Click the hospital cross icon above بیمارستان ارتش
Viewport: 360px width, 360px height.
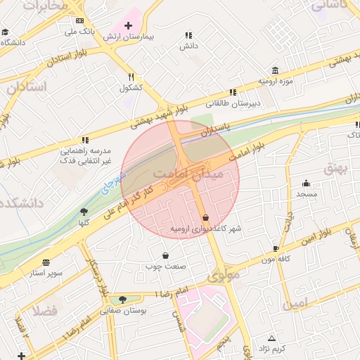coord(127,25)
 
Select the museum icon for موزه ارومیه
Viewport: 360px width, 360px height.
coord(274,71)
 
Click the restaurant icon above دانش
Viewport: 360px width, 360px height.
coord(188,34)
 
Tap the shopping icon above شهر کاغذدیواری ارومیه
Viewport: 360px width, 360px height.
coord(205,218)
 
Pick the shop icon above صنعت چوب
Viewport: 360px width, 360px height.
coord(165,255)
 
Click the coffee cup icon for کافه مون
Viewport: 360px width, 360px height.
coord(276,248)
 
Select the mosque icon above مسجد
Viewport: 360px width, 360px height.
coord(306,182)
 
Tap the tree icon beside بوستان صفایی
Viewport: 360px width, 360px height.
coord(123,300)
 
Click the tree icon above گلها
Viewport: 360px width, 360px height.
coord(84,211)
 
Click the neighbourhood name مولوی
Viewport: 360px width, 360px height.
coord(223,274)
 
